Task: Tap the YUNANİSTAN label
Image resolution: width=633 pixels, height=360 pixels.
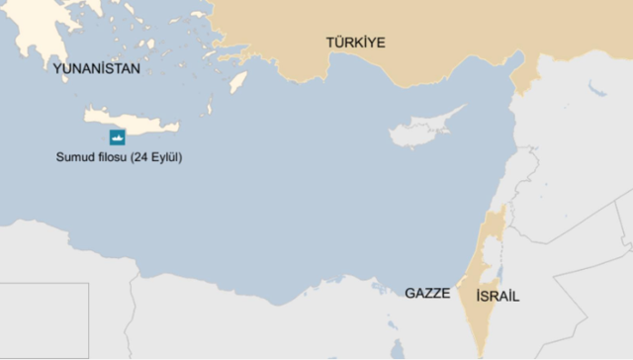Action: (97, 69)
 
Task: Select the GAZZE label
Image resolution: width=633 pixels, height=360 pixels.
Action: (427, 294)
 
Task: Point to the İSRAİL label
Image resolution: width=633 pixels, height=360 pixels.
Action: (497, 297)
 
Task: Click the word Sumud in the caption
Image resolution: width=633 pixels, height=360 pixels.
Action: (75, 158)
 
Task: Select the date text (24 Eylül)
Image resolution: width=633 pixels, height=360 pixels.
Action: (163, 158)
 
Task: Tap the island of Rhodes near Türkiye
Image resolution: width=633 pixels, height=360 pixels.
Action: (238, 81)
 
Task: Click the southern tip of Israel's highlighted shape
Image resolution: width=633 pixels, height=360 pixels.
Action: (482, 354)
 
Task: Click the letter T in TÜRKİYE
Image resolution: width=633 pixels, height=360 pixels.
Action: (331, 42)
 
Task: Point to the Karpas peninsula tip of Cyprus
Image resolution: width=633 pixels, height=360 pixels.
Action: (463, 108)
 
